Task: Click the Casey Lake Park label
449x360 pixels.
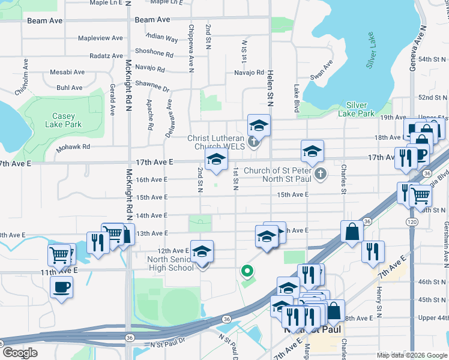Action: tap(63, 120)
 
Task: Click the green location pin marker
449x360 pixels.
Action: tap(246, 271)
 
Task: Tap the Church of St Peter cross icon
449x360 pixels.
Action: tap(321, 175)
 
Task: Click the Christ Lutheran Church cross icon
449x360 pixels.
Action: tap(254, 142)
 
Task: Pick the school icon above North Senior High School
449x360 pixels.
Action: tap(202, 250)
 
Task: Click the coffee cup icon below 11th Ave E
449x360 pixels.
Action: tap(61, 286)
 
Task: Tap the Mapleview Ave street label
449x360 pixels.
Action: tap(100, 38)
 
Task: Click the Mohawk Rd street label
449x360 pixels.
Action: tap(73, 146)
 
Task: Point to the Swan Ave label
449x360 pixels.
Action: tap(321, 70)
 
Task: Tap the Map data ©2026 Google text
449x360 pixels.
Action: tap(412, 355)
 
